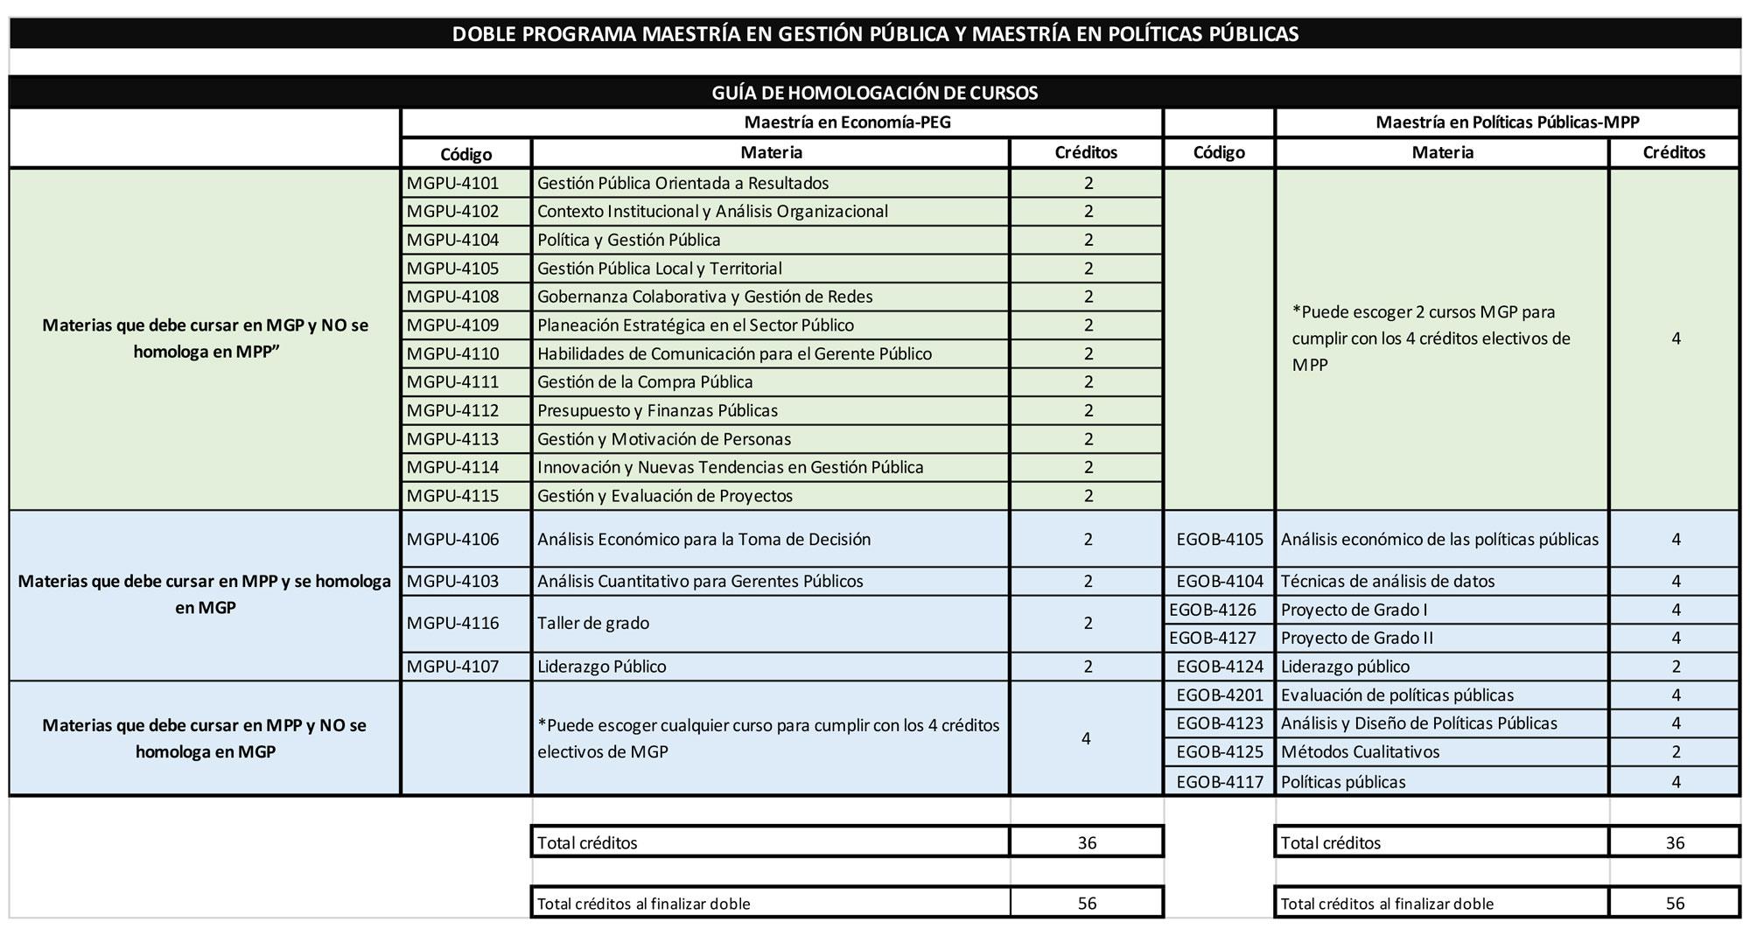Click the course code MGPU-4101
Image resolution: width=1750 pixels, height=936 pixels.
[452, 184]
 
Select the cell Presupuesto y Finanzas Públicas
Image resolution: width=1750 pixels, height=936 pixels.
[657, 411]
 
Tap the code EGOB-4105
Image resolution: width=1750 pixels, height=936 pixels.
[1220, 540]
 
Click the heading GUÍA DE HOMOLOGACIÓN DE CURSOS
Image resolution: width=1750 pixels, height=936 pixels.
[874, 93]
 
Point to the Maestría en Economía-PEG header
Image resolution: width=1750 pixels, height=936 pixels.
[847, 122]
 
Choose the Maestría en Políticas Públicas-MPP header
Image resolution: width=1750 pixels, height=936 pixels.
[1507, 122]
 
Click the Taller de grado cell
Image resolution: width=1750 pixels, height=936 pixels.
[593, 624]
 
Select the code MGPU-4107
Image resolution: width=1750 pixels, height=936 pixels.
[452, 667]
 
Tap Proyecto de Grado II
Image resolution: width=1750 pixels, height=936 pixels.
[1356, 639]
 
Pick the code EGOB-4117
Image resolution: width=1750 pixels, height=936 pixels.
[1220, 782]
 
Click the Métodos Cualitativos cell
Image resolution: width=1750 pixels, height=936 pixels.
[1360, 752]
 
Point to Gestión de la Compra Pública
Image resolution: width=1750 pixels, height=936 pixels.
[645, 382]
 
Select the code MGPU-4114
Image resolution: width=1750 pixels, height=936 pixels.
[452, 468]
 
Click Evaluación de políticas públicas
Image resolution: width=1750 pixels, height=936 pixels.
[1396, 695]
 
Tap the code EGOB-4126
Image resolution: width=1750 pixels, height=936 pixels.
[1212, 610]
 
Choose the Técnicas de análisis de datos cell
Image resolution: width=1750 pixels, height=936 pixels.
[1388, 582]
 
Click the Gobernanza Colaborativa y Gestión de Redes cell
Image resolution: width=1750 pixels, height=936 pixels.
[704, 297]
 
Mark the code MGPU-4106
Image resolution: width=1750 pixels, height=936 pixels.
[452, 540]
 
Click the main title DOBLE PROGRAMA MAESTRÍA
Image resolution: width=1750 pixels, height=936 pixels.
[874, 34]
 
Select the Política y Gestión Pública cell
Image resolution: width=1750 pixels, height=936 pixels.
[628, 241]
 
